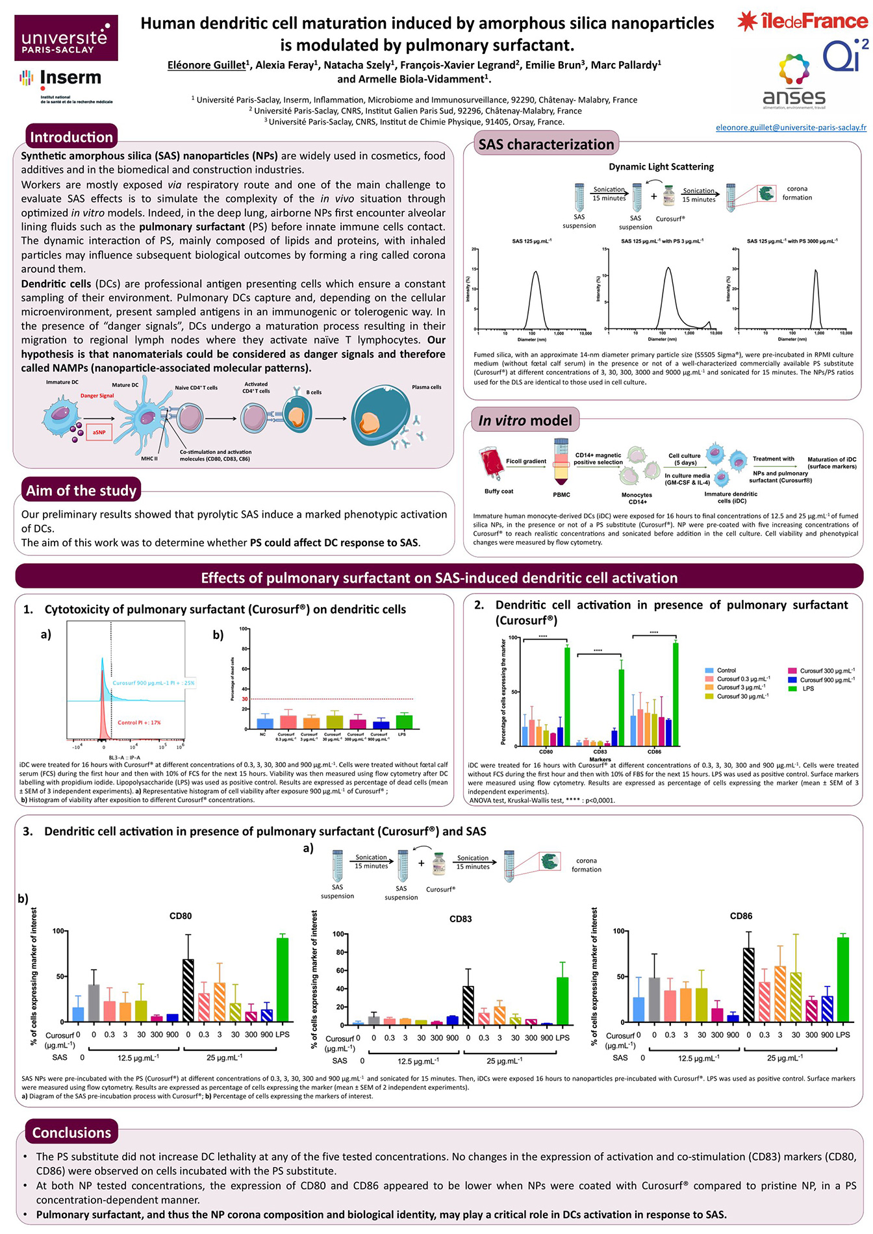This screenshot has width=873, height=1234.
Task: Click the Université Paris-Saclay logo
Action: pos(66,38)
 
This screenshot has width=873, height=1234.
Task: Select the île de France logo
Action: pos(803,21)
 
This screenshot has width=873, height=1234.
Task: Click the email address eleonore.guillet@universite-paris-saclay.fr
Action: pos(791,127)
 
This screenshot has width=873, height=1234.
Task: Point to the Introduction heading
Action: pos(71,137)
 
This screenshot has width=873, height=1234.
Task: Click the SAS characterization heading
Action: pos(546,144)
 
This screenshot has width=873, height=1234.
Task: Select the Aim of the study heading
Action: pos(81,490)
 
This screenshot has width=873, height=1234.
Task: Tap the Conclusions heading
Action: pos(71,1132)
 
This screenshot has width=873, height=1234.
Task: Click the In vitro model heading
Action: pos(525,420)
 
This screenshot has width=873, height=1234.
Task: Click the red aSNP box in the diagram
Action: pos(99,432)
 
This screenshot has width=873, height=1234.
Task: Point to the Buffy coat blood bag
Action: pos(492,463)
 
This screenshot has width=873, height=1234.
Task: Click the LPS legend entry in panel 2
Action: pos(807,688)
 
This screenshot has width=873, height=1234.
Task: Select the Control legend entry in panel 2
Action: pos(726,670)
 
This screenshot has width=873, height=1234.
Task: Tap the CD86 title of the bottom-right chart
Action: pos(740,916)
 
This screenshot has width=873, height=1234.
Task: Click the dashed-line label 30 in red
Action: pos(245,699)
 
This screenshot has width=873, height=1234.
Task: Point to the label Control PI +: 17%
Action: pos(139,722)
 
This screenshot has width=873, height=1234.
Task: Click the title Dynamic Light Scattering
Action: pos(661,167)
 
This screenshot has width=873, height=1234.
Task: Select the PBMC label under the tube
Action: pos(561,495)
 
